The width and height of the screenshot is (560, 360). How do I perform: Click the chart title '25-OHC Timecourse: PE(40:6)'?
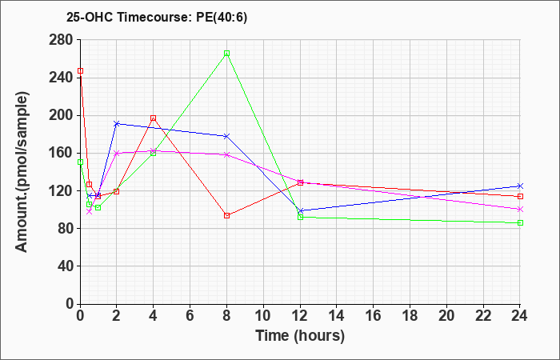coord(157,18)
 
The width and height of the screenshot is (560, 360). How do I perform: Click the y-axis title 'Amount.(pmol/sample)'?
coord(22,172)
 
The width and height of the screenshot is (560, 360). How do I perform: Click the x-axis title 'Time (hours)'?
coord(300,336)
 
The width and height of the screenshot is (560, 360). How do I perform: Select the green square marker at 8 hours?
coord(226,54)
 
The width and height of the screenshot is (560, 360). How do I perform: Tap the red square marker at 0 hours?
coord(80,70)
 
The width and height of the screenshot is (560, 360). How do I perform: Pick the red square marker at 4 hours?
coord(154,118)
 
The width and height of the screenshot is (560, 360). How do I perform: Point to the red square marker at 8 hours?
coord(226,215)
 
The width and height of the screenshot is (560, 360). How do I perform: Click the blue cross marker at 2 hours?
coord(117,124)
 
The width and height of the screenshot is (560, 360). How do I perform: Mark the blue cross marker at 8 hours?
coord(226,136)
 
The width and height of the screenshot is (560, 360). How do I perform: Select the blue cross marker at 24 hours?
coord(520,186)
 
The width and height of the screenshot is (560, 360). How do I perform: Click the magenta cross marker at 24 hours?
coord(520,209)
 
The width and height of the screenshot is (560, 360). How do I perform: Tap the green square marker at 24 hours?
coord(520,223)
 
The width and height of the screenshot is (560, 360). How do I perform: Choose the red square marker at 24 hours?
coord(520,197)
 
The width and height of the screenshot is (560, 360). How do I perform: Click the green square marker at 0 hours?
coord(80,162)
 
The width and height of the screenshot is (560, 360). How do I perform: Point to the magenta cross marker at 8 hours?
coord(226,154)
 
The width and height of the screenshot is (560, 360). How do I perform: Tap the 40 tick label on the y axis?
coord(66,266)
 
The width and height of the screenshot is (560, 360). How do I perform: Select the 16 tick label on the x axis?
coord(374,316)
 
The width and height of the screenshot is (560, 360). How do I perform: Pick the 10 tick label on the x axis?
coord(263,316)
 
